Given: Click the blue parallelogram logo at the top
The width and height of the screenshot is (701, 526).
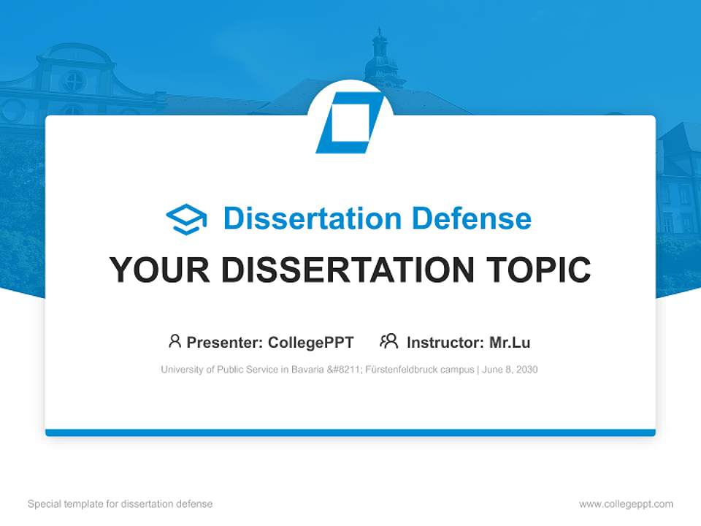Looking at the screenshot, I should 350,122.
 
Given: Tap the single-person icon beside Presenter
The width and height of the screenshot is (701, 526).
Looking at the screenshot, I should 175,341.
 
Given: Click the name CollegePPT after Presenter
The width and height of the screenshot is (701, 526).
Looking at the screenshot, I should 310,342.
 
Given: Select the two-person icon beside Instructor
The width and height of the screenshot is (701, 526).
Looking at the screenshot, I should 388,341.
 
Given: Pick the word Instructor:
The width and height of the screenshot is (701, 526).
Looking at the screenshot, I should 445,342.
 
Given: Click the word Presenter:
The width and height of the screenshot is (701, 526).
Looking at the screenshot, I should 225,342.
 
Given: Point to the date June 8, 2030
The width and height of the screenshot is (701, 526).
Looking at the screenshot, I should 510,370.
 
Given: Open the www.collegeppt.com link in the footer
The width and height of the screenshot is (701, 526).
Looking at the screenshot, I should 626,504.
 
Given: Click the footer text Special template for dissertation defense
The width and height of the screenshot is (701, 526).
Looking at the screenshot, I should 120,504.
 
